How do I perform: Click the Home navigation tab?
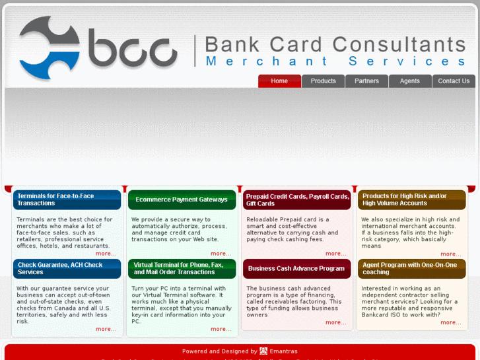click(x=279, y=81)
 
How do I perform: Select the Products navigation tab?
click(x=323, y=81)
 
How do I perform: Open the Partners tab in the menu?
click(x=366, y=81)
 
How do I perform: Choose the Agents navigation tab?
click(x=410, y=81)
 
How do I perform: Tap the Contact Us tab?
click(x=454, y=81)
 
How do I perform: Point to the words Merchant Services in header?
click(x=336, y=61)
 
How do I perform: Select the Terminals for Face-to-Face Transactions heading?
click(x=67, y=199)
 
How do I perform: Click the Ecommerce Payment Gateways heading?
click(x=182, y=199)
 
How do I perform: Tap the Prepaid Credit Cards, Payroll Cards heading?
click(x=297, y=199)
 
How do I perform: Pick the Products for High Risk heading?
click(x=412, y=199)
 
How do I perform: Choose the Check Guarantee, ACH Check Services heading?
click(x=67, y=268)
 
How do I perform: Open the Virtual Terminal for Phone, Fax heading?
click(x=182, y=268)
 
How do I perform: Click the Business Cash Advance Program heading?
click(x=297, y=269)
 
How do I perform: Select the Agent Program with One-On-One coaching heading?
click(x=412, y=268)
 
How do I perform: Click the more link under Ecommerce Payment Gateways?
click(x=221, y=254)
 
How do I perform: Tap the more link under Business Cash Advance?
click(x=335, y=322)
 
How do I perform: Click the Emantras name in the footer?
click(x=283, y=351)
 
